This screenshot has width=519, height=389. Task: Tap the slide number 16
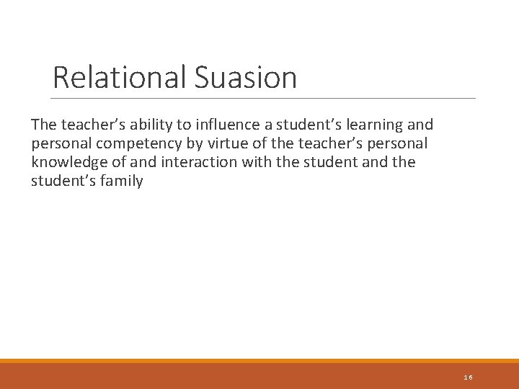point(469,377)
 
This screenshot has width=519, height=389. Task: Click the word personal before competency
point(63,143)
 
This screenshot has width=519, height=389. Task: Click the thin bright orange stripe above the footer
point(259,361)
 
